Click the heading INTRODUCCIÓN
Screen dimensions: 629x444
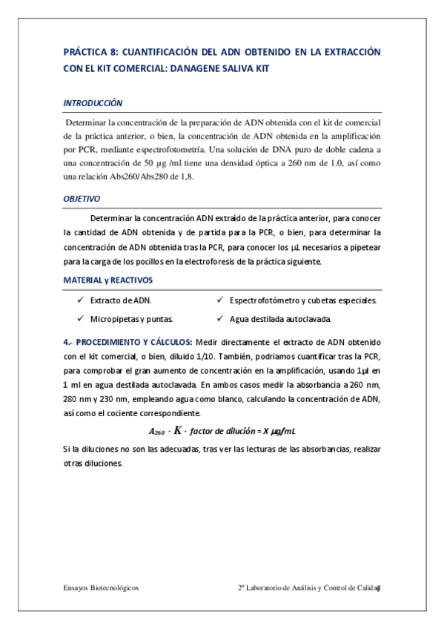[x=93, y=103]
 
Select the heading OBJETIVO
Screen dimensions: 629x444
[x=82, y=200]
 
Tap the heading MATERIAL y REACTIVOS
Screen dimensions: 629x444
[x=107, y=280]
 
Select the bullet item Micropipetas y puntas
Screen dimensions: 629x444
[x=131, y=319]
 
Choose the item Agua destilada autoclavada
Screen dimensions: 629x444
[x=279, y=319]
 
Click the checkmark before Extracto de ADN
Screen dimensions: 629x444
[x=80, y=300]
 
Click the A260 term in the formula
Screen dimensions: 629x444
[x=156, y=432]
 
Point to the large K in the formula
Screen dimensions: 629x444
[x=178, y=429]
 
